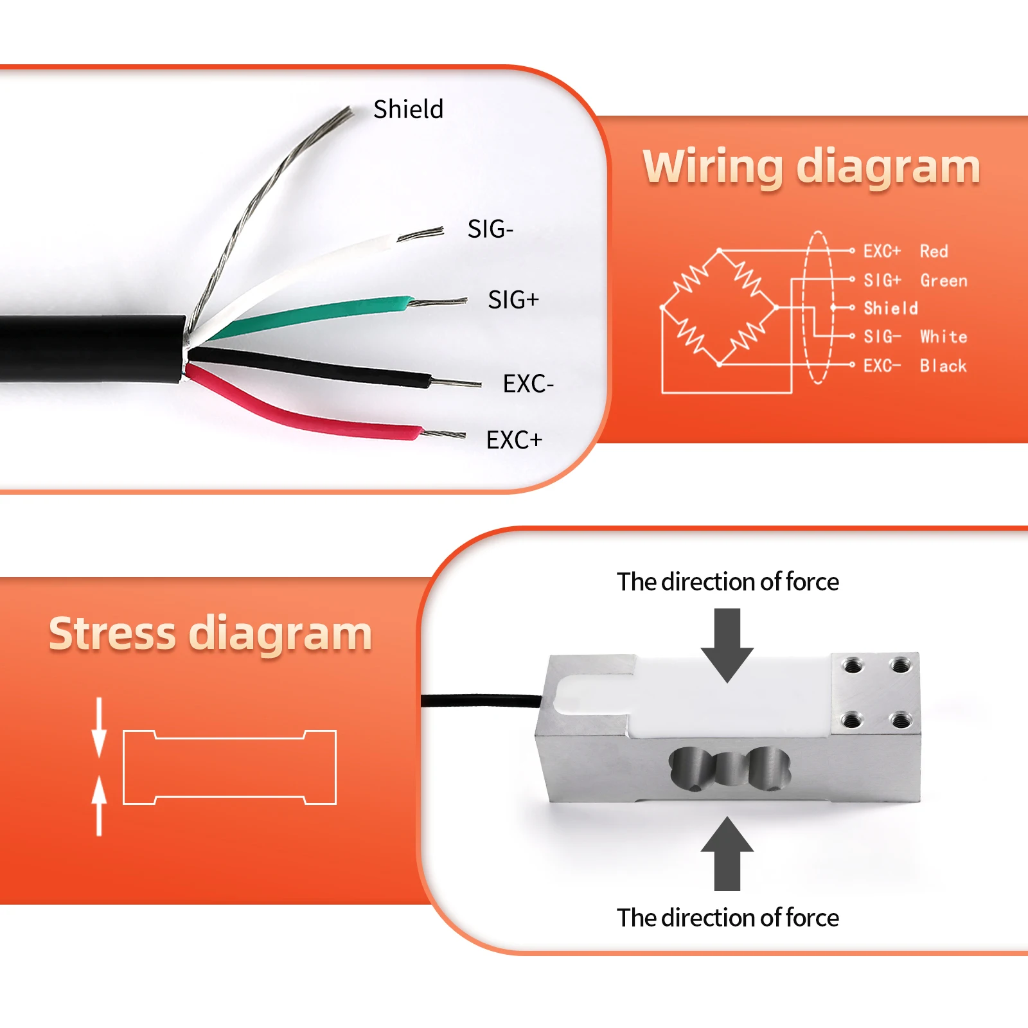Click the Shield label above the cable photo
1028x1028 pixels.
point(408,109)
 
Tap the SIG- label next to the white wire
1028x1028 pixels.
point(490,229)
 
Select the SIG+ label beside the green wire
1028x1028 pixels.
point(513,299)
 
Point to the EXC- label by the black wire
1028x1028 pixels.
point(527,384)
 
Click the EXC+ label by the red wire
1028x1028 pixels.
point(514,440)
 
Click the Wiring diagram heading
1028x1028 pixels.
point(811,166)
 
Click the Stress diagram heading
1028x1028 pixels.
point(210,634)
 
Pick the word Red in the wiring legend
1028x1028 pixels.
point(934,251)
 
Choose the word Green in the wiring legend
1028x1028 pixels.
point(943,281)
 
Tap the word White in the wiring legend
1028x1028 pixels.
point(943,337)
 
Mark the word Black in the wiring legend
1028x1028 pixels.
point(943,366)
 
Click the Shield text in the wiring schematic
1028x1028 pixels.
point(891,308)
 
